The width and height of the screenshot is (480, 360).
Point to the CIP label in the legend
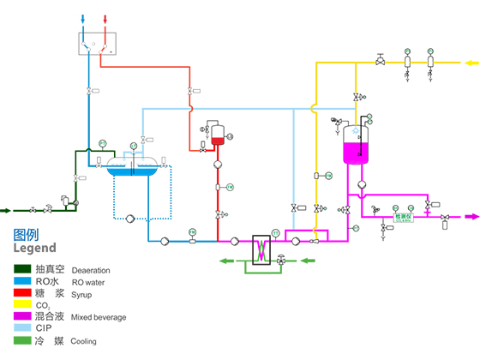[x=45, y=328]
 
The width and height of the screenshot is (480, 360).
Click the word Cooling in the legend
[x=84, y=341]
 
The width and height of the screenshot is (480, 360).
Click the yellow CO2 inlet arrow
[x=471, y=62]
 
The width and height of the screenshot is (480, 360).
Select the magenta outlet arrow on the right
[x=470, y=217]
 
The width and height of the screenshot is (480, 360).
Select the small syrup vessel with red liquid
[x=217, y=135]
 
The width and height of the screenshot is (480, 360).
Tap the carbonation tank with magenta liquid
[x=355, y=147]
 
